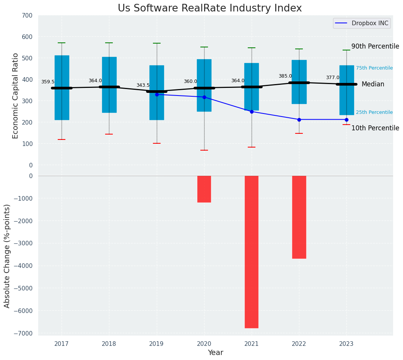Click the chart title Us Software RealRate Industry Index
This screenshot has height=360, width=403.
(210, 8)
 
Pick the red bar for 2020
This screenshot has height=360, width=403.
(204, 189)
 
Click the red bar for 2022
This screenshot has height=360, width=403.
(299, 217)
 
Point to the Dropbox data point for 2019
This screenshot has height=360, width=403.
(157, 94)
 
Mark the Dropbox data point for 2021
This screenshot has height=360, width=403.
(252, 112)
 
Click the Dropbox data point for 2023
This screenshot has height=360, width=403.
(346, 120)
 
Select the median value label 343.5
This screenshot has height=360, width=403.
(143, 86)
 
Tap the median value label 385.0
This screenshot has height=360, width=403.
(285, 76)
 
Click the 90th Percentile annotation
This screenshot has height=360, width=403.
(375, 47)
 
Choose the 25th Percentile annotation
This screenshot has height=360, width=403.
(374, 112)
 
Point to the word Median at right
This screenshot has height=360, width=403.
(373, 84)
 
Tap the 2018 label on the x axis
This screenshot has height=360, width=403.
(109, 344)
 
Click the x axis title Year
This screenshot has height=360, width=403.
(216, 353)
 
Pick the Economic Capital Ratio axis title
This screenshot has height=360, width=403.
(16, 90)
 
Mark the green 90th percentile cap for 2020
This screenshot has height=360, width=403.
(204, 47)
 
